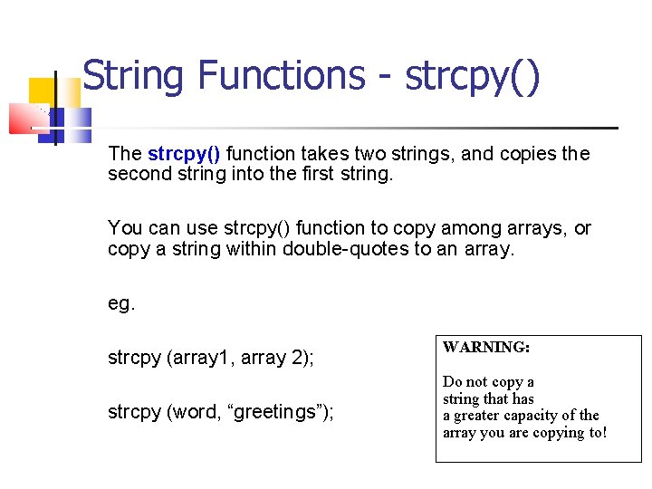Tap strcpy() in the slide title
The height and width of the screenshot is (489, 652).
coord(472,76)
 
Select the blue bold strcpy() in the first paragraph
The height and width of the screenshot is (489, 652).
coord(184,154)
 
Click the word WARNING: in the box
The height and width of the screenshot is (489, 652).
coord(486,347)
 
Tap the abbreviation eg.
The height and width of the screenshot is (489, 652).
coord(121,304)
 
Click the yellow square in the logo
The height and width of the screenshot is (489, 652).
coord(42,91)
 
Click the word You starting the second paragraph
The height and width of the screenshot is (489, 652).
coord(124,228)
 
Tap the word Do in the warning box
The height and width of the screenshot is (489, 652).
coord(452,382)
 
